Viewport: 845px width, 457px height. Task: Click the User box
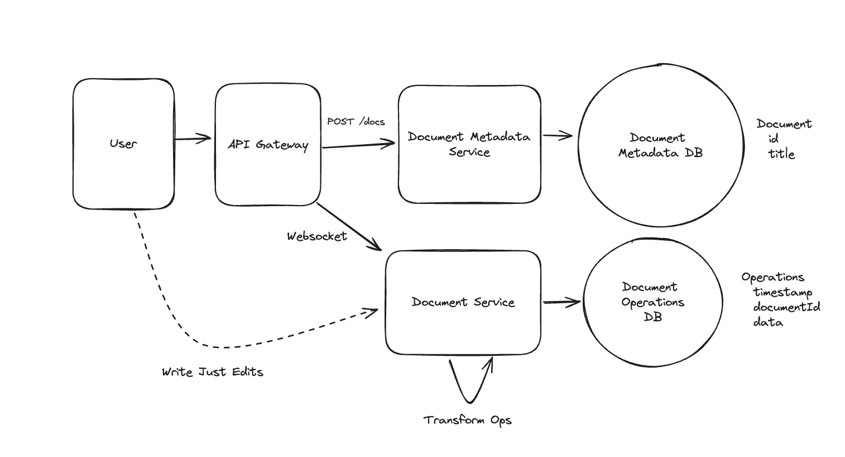(123, 144)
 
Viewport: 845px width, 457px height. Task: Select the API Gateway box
(268, 145)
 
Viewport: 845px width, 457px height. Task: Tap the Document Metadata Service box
(469, 144)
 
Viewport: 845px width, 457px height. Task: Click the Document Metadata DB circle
(660, 145)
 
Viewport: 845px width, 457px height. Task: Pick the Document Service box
(463, 302)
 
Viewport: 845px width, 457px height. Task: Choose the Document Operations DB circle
(652, 302)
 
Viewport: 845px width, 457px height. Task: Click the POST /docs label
(356, 121)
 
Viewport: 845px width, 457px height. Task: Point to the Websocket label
(316, 236)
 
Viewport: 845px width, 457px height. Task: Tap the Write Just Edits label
(212, 372)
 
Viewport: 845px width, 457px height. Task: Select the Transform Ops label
(467, 420)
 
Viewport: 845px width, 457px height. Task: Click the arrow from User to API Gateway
(193, 139)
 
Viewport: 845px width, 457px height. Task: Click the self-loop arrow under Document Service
(469, 385)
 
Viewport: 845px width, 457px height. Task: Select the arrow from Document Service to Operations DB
(561, 303)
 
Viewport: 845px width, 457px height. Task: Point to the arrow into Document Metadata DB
(558, 135)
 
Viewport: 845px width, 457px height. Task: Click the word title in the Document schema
(781, 154)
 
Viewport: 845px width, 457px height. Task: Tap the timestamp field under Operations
(782, 292)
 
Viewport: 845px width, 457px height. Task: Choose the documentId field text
(786, 307)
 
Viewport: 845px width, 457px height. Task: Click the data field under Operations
(768, 322)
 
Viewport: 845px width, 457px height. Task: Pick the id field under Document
(774, 139)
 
